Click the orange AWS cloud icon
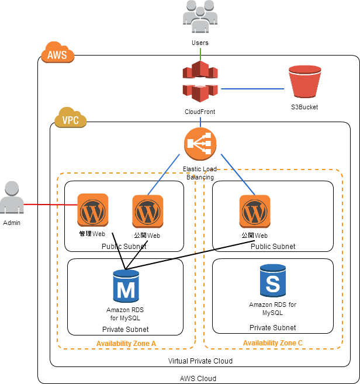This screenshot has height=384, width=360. tap(57, 53)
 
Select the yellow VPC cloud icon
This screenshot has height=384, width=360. tap(70, 118)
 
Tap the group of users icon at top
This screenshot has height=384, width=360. tap(200, 16)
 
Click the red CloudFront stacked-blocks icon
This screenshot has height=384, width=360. tap(200, 81)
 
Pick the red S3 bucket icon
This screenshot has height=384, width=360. tap(304, 81)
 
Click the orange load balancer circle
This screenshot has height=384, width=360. tap(200, 144)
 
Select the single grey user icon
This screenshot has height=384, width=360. tap(12, 198)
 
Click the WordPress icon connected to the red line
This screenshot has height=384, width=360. tap(93, 210)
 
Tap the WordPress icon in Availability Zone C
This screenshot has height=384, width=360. tap(254, 212)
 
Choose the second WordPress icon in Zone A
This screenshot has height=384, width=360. tap(148, 212)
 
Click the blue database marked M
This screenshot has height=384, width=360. tap(126, 286)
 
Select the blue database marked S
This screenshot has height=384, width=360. tap(273, 281)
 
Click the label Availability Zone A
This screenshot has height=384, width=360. tap(126, 344)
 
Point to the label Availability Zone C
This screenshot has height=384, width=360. tap(272, 343)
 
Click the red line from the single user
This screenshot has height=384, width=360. tap(51, 205)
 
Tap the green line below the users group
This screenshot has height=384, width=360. tap(200, 54)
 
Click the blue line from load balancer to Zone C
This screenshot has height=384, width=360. tap(237, 174)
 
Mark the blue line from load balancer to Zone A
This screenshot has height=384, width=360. tap(164, 174)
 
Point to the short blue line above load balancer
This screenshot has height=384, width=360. tap(200, 122)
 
